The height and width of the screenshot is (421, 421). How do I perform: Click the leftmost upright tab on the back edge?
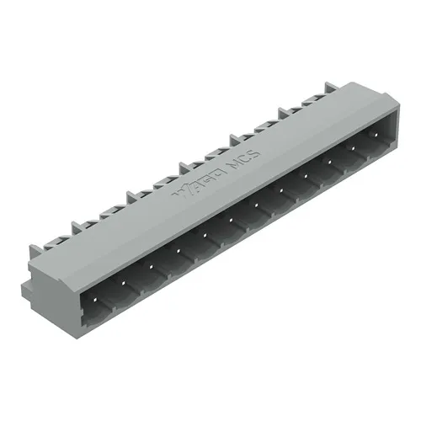[x=36, y=252]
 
